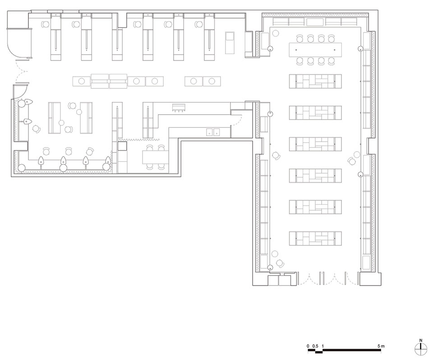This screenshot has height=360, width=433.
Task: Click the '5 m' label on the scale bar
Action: (381, 346)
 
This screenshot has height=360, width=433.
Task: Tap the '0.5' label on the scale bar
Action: (315, 346)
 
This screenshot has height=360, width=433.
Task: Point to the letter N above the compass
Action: (420, 341)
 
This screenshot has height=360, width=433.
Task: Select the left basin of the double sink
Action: (210, 132)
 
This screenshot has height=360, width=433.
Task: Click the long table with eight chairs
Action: (315, 50)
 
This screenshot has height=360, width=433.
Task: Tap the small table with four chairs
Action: (155, 157)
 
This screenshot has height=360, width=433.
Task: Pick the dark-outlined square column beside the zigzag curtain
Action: (122, 146)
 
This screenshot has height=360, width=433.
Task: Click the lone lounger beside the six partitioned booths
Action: (230, 43)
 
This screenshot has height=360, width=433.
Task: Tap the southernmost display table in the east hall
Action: (315, 238)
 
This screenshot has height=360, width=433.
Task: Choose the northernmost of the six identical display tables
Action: (315, 81)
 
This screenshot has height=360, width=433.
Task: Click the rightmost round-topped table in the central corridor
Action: (212, 81)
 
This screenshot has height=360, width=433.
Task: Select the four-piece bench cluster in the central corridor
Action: (109, 81)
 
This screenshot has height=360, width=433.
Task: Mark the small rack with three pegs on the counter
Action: (179, 107)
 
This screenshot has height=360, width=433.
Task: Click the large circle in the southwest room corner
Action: (22, 167)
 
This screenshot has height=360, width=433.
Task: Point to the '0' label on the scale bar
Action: (308, 346)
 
